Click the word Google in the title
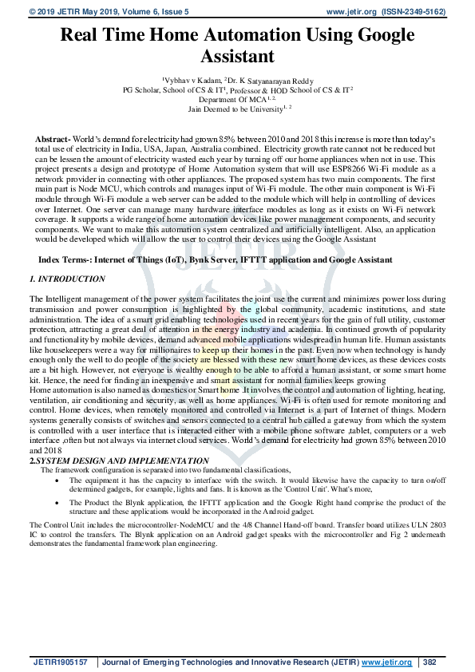[x=377, y=35]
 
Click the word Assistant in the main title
[x=237, y=57]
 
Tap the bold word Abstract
[x=53, y=140]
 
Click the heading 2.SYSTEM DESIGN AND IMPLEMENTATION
[x=119, y=461]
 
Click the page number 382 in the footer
[x=429, y=662]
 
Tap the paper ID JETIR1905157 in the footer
[x=63, y=662]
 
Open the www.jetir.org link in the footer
[x=387, y=662]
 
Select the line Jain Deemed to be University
[x=237, y=109]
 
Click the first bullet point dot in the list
[x=57, y=480]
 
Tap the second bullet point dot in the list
[x=57, y=503]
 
